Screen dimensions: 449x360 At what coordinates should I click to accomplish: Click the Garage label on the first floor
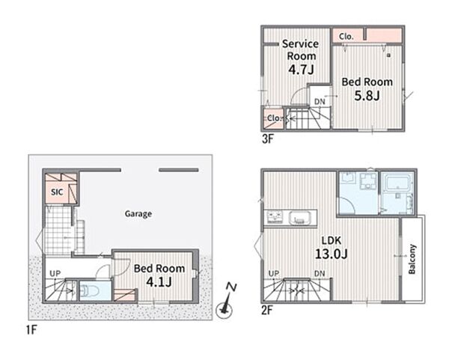click(x=138, y=214)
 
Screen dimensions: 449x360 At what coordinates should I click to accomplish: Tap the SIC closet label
click(x=57, y=192)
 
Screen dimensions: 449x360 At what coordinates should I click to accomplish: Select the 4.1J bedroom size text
click(x=159, y=282)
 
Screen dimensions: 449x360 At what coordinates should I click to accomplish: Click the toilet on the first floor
click(x=89, y=291)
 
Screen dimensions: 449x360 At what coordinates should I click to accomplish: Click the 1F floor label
click(x=31, y=330)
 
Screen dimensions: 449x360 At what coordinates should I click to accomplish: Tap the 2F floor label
click(x=267, y=310)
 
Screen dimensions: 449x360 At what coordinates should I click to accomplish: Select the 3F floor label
click(x=268, y=139)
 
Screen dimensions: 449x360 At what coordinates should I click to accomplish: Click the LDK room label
click(x=332, y=240)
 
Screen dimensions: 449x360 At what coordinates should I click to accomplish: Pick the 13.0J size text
click(x=331, y=254)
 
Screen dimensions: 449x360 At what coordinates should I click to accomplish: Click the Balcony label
click(x=412, y=259)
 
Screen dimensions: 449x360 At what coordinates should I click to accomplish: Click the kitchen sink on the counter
click(x=299, y=219)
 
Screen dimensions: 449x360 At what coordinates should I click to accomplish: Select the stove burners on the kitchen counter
click(x=275, y=217)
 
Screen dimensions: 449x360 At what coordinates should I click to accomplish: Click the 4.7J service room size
click(x=301, y=70)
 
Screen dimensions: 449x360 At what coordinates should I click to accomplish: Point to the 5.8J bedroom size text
click(x=367, y=96)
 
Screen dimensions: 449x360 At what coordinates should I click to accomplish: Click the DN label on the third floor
click(x=320, y=102)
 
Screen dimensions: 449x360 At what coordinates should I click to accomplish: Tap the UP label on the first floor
click(x=55, y=273)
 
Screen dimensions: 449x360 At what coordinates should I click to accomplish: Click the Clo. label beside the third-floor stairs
click(x=275, y=118)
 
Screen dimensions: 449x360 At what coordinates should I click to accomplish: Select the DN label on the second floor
click(x=320, y=273)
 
